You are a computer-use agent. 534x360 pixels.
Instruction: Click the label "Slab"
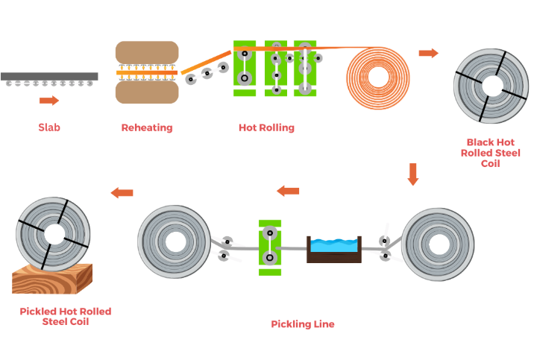point(49,127)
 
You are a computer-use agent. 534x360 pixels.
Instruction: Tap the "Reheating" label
point(147,127)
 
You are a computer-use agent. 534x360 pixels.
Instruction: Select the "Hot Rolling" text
point(266,127)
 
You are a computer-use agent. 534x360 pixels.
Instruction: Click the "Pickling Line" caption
point(303,324)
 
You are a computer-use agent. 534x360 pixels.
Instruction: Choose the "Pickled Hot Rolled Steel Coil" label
point(66,316)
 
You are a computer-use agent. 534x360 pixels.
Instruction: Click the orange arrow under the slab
point(49,101)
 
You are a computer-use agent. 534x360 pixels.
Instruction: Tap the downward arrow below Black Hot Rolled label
point(413,174)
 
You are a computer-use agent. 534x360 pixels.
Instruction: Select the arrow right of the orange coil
point(428,53)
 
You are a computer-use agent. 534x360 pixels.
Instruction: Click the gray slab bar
point(49,76)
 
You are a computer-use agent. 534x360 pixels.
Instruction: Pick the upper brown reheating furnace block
point(147,54)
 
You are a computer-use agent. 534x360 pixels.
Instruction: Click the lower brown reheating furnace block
point(147,92)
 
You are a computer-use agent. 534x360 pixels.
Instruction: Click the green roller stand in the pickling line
point(268,247)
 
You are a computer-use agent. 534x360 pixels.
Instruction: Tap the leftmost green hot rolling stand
point(244,68)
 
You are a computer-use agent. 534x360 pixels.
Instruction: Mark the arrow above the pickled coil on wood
point(122,193)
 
